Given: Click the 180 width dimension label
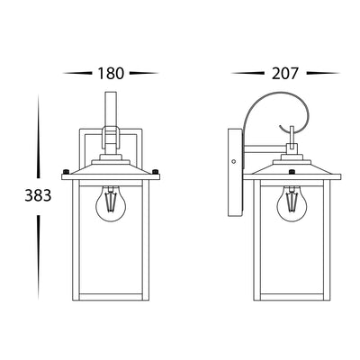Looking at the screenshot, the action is tap(111, 74).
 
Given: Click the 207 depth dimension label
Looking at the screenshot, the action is tap(285, 74).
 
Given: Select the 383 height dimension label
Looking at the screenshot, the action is tap(38, 196).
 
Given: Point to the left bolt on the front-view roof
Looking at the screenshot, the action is tap(66, 172).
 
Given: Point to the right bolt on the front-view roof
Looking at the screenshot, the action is tap(156, 172).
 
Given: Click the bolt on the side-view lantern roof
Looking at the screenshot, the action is tap(292, 172).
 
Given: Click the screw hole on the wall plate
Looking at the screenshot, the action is tap(234, 161).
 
